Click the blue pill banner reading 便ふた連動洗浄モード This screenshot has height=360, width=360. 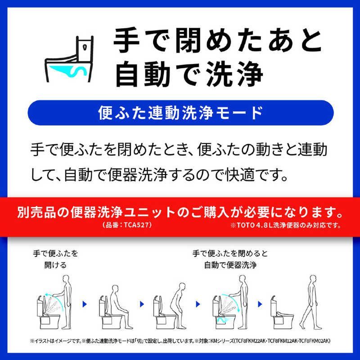coord(180,112)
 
